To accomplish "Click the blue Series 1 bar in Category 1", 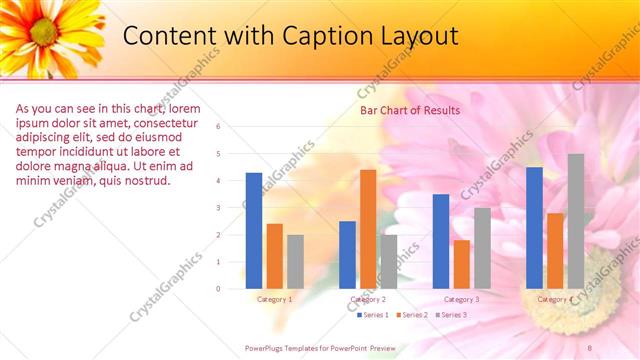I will (x=254, y=231).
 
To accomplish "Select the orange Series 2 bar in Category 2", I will (x=368, y=229).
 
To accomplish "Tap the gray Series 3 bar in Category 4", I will (x=576, y=221).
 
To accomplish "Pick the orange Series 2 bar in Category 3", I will (x=461, y=264).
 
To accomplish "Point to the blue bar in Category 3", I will (x=441, y=241).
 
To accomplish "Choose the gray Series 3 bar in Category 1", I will (x=295, y=261).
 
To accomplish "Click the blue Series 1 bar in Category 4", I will (x=535, y=228).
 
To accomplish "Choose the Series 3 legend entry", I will (x=452, y=315).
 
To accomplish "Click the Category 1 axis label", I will (x=275, y=299).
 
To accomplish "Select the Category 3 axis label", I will (x=461, y=299).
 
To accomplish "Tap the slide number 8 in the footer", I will (x=590, y=347).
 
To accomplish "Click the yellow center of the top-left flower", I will (x=43, y=32).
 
